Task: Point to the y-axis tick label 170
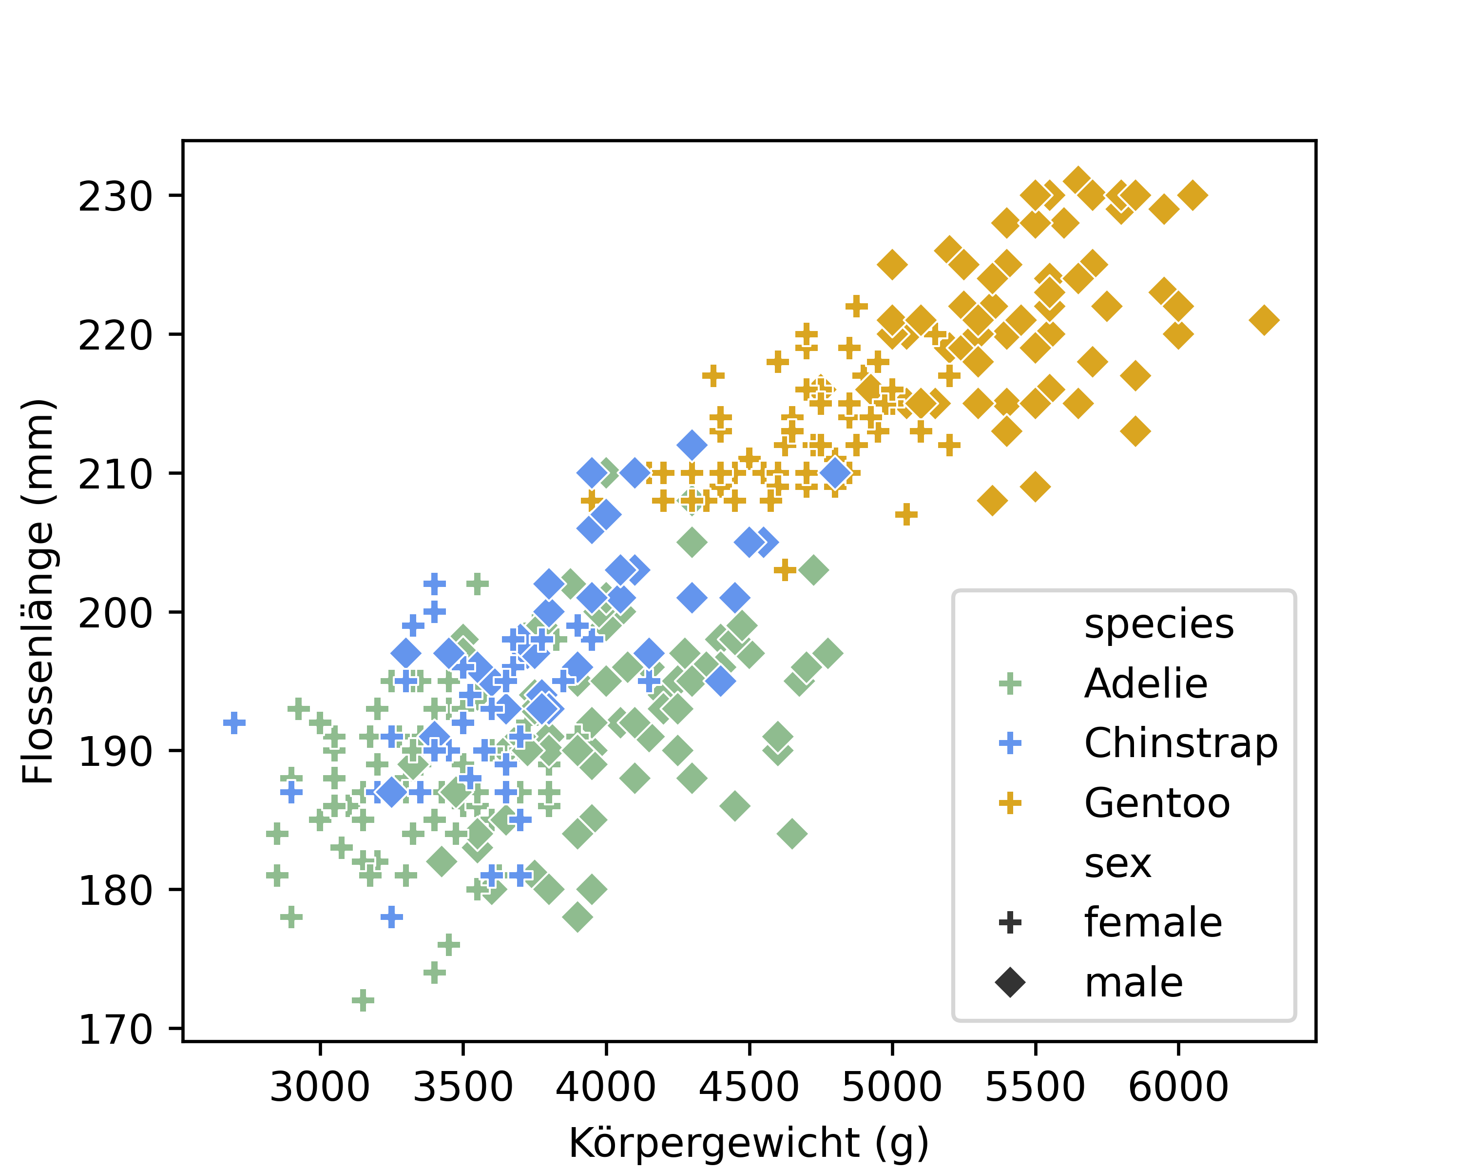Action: click(115, 1030)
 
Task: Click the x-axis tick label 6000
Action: click(1178, 1087)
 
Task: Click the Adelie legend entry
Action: click(1146, 683)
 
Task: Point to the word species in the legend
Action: click(1159, 624)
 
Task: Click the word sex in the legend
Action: click(1117, 863)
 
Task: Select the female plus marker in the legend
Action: click(1010, 922)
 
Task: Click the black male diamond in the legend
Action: click(1010, 983)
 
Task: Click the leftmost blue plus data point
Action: click(234, 723)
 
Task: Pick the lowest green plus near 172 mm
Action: click(363, 1000)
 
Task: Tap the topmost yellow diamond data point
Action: click(1077, 181)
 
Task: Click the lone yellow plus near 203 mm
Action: click(785, 570)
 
